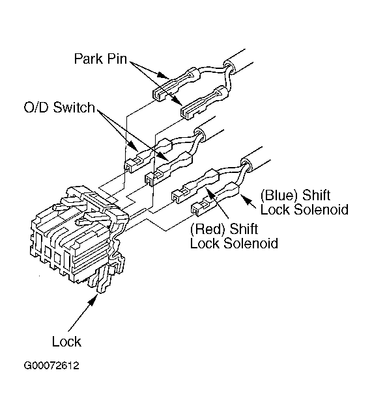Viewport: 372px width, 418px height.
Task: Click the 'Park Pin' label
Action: [x=100, y=59]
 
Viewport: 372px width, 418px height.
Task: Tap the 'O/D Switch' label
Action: [x=59, y=107]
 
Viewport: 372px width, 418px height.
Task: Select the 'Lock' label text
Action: [x=66, y=341]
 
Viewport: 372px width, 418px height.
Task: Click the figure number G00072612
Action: [x=51, y=365]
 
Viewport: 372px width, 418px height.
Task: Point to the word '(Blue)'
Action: [x=279, y=196]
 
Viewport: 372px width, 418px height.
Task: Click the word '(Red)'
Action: [x=208, y=229]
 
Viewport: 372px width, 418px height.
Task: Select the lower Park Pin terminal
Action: [x=205, y=102]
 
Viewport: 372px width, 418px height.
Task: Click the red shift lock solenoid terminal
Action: [x=195, y=186]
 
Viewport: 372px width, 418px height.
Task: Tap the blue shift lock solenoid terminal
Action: [x=215, y=200]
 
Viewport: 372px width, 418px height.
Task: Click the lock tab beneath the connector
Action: [x=106, y=277]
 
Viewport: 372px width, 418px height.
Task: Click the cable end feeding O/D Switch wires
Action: [x=200, y=134]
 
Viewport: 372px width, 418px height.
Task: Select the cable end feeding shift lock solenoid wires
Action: [x=246, y=163]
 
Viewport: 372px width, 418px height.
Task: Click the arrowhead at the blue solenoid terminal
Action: [x=245, y=199]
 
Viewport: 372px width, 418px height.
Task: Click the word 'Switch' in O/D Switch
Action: [x=74, y=107]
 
